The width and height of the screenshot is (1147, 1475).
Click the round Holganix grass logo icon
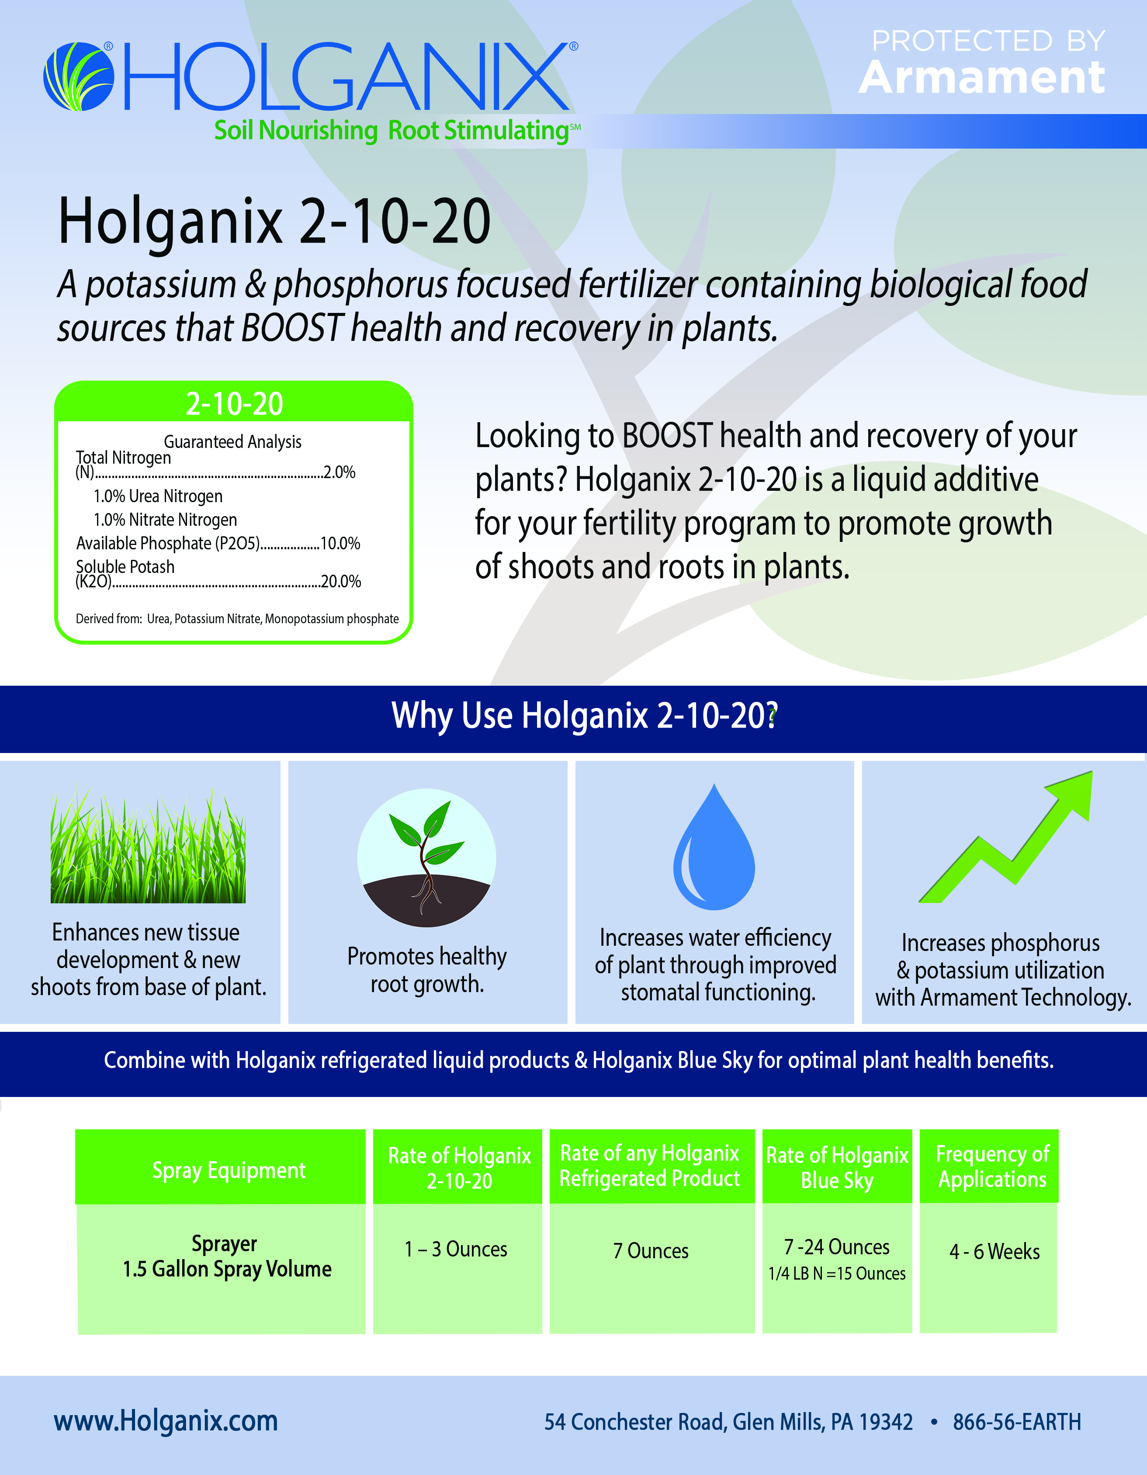pyautogui.click(x=78, y=76)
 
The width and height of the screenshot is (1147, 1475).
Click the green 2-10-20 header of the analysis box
pyautogui.click(x=234, y=403)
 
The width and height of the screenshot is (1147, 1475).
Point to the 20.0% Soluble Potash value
pyautogui.click(x=341, y=582)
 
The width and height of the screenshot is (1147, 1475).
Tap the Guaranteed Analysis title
pyautogui.click(x=233, y=442)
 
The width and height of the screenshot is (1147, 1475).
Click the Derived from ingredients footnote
pyautogui.click(x=237, y=619)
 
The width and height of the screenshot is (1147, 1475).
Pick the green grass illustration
pyautogui.click(x=148, y=846)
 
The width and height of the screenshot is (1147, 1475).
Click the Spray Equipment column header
pyautogui.click(x=229, y=1170)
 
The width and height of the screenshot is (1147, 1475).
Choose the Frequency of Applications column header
pyautogui.click(x=992, y=1166)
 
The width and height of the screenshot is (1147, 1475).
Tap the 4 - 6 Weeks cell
pyautogui.click(x=995, y=1251)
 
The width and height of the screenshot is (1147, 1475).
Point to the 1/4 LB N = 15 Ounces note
pyautogui.click(x=837, y=1274)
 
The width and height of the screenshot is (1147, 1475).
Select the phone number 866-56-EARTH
pyautogui.click(x=1017, y=1422)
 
